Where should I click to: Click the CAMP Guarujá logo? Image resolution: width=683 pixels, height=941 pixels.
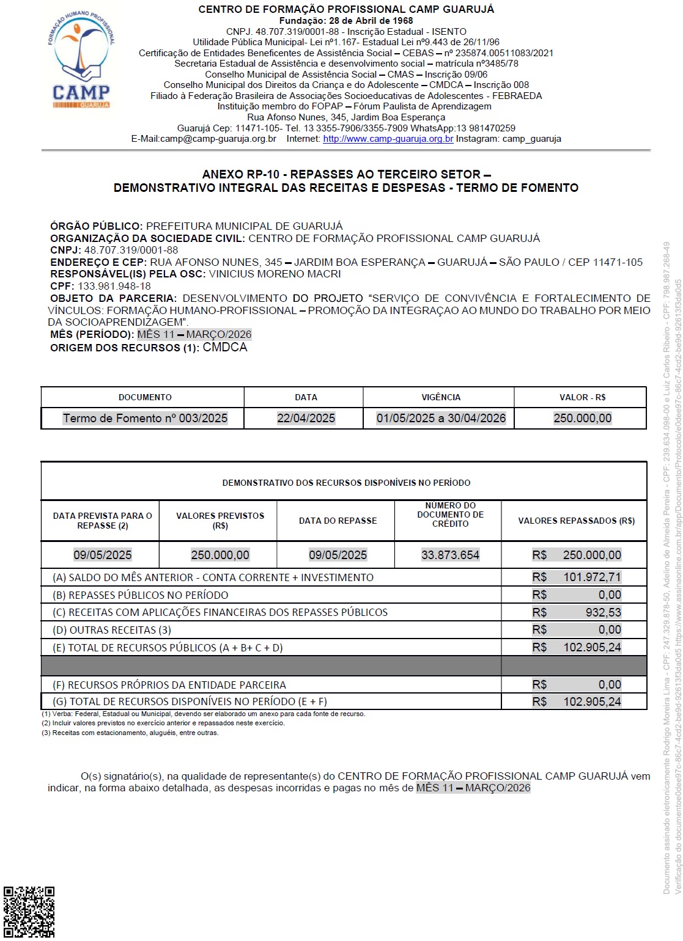(81, 60)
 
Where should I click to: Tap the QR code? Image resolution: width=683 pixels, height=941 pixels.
(29, 912)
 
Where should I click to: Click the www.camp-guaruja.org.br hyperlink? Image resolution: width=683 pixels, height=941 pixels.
(388, 139)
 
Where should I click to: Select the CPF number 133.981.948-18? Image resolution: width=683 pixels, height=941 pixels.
(114, 286)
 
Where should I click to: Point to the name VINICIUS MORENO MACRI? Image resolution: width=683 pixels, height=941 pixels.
(275, 274)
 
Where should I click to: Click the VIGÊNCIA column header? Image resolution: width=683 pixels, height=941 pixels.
(440, 397)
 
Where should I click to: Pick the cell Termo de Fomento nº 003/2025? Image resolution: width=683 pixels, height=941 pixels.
(145, 419)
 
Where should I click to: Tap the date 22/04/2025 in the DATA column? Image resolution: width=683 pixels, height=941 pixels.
(306, 419)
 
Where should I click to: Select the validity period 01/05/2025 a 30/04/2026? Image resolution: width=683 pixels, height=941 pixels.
(441, 419)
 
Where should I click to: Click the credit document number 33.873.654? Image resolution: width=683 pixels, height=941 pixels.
(450, 555)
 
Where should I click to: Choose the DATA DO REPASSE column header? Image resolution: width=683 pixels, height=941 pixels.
(338, 521)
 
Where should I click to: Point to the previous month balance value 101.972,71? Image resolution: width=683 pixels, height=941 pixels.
(591, 577)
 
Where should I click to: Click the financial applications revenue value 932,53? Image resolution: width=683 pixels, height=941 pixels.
(603, 612)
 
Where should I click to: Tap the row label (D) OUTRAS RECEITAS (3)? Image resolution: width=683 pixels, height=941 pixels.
(112, 630)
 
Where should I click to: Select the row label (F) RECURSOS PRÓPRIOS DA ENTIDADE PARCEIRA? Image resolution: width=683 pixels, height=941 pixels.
(169, 685)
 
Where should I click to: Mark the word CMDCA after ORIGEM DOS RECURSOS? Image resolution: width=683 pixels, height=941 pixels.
(225, 348)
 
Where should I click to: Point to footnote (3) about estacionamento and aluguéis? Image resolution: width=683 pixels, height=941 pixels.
(130, 733)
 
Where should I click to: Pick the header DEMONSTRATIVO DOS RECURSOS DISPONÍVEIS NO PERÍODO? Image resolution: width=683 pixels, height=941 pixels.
(346, 483)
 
